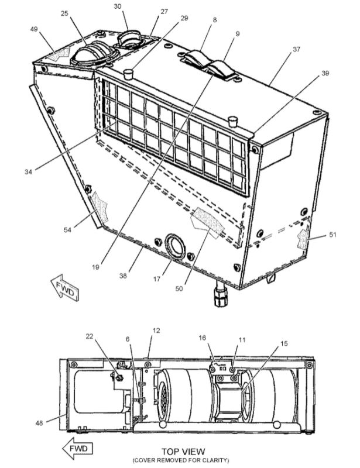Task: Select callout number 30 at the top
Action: coord(118,6)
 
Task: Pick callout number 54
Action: coord(68,230)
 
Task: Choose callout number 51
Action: coord(332,235)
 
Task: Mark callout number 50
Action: coord(180,288)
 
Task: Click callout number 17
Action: coord(156,279)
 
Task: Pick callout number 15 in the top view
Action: coord(284,344)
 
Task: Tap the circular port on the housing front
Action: coord(175,245)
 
